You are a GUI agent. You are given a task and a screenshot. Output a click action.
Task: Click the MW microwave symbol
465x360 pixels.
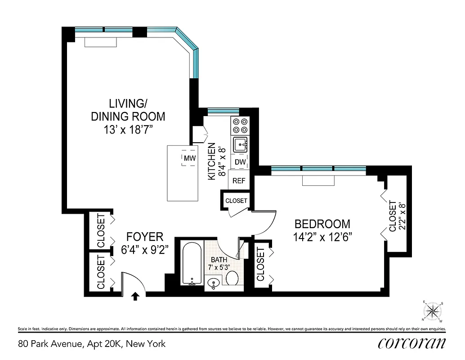[189, 158]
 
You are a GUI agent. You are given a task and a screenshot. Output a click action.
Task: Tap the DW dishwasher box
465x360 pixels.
[240, 162]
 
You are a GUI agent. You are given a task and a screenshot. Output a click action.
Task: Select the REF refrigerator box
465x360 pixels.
[239, 181]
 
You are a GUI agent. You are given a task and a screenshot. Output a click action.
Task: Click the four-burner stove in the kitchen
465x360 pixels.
[239, 126]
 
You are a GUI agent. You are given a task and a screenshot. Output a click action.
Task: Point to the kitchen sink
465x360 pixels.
[239, 145]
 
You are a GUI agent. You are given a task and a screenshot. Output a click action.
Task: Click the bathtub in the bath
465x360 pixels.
[192, 264]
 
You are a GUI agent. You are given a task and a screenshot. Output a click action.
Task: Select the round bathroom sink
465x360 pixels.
[213, 283]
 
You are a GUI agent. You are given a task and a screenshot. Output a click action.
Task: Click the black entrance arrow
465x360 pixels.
[135, 295]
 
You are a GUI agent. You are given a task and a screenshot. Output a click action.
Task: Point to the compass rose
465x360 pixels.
[433, 310]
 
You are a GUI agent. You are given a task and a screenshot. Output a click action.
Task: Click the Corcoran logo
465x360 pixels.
[412, 343]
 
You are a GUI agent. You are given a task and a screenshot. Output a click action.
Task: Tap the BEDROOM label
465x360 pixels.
[322, 224]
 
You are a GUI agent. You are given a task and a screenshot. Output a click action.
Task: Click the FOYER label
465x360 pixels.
[144, 237]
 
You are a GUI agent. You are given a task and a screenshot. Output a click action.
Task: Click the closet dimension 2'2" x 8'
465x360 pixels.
[403, 216]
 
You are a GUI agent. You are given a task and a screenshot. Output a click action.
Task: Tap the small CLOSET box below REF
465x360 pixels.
[236, 201]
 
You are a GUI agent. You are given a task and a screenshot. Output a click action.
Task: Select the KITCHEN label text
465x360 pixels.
[211, 162]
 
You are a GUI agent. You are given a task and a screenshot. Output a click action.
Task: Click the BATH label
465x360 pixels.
[219, 260]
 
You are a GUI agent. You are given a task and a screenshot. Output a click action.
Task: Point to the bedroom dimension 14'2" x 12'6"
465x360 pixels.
[322, 237]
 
